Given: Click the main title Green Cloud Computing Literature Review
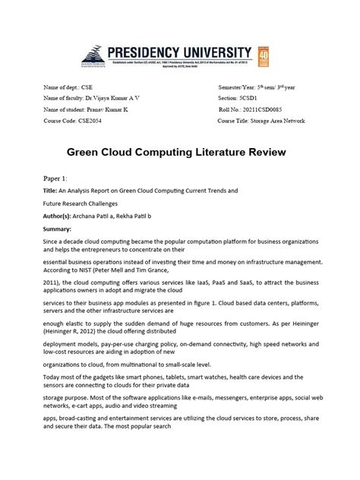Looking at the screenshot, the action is point(180,153).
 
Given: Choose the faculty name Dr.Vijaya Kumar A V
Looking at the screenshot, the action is point(112,99).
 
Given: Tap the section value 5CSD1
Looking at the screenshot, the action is point(251,99).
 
